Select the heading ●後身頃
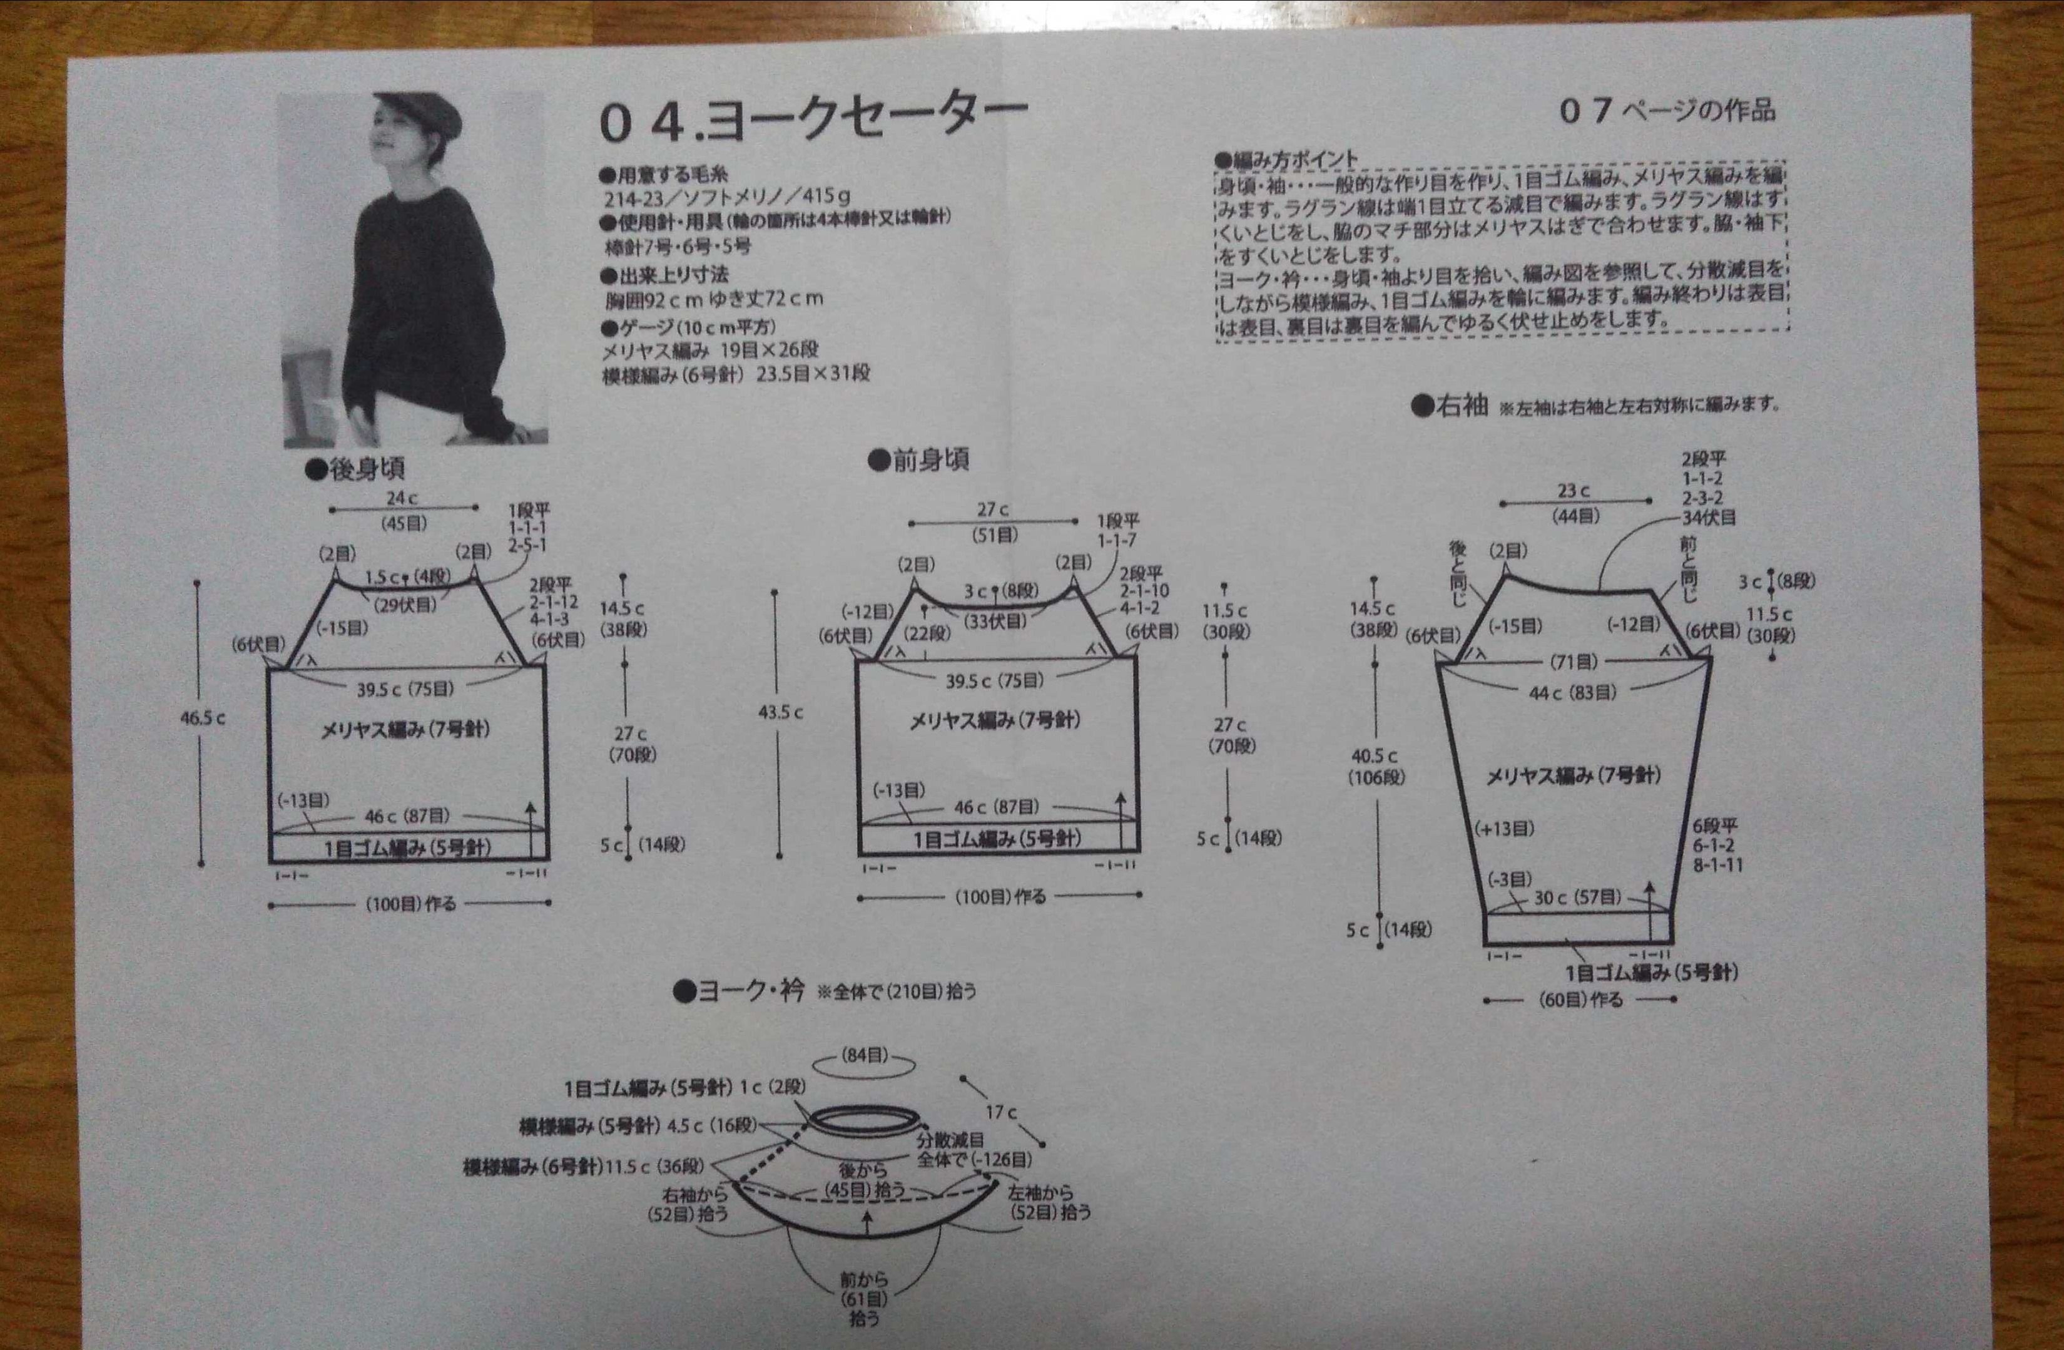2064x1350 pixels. [355, 469]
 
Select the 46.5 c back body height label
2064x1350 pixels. [202, 718]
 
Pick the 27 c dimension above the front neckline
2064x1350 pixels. [992, 509]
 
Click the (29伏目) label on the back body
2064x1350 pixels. [405, 605]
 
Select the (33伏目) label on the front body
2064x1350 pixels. [995, 621]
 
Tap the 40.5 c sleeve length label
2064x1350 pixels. [1374, 755]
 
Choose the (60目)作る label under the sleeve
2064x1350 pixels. [1580, 1000]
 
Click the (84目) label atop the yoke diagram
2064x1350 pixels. [865, 1055]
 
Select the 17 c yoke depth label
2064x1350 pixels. [1001, 1112]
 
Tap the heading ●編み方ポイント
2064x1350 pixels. [1285, 160]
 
